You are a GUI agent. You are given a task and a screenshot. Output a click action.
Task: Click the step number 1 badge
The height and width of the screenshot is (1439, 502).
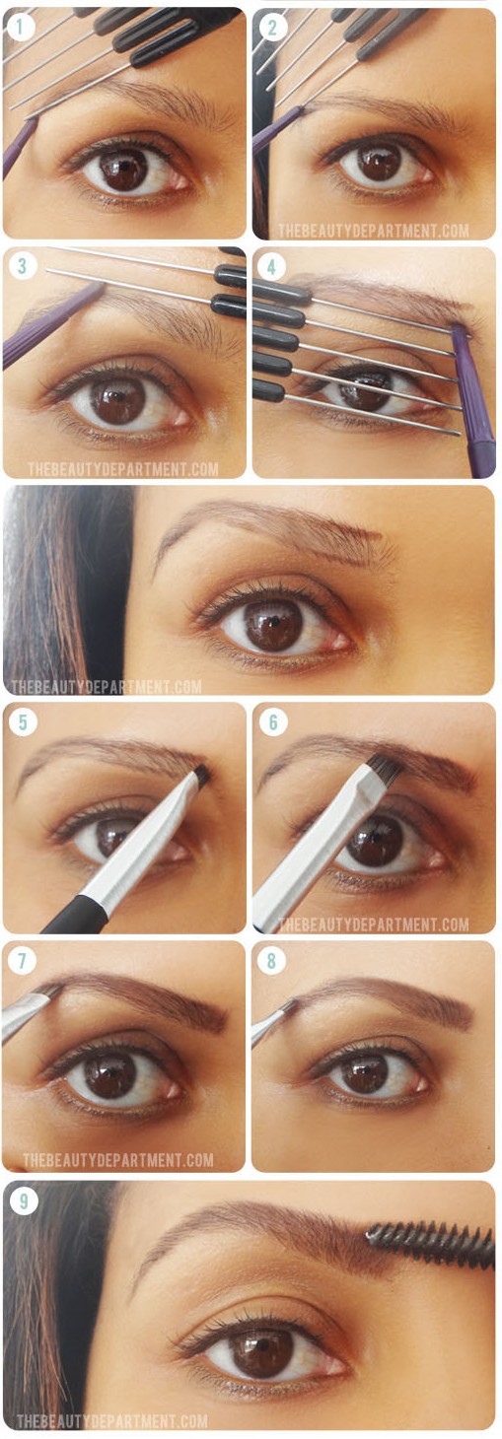click(21, 27)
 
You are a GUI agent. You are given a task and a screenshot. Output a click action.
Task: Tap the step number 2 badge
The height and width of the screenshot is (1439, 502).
click(272, 27)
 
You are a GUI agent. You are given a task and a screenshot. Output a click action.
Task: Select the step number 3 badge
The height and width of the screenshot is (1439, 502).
click(22, 265)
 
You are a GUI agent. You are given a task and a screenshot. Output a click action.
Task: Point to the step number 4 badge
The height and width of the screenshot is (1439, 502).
click(271, 266)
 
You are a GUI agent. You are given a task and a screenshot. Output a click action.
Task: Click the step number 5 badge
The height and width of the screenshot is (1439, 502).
click(23, 721)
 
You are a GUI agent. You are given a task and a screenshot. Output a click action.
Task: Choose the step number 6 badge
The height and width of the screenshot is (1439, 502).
click(272, 721)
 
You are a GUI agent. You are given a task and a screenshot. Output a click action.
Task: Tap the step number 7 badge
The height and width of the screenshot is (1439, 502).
click(22, 960)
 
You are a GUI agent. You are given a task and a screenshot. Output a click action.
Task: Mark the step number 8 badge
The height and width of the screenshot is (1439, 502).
click(271, 960)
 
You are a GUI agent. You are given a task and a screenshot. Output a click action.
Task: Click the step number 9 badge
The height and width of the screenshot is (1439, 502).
click(23, 1200)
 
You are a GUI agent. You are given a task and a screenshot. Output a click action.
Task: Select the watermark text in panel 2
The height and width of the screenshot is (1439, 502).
click(374, 231)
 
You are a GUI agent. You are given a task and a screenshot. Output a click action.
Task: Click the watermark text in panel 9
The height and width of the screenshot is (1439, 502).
click(111, 1420)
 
